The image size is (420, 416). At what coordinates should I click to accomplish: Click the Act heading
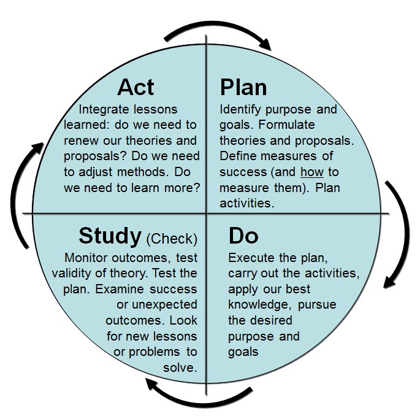click(136, 87)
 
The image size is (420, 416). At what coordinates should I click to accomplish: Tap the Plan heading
click(243, 87)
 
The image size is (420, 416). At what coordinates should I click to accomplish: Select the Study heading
click(110, 236)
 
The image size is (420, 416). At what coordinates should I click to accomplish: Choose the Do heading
click(243, 236)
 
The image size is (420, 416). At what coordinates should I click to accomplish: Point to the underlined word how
click(312, 172)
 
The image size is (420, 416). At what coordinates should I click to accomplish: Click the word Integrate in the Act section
click(106, 109)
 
